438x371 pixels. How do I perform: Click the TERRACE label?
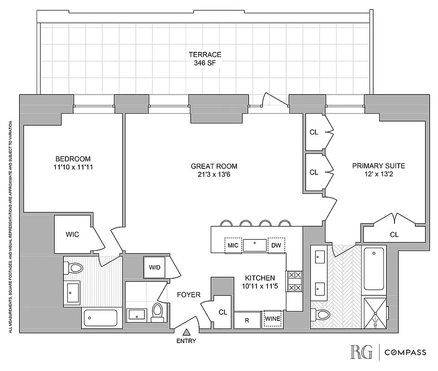click(x=205, y=54)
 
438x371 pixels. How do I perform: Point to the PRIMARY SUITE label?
click(x=378, y=166)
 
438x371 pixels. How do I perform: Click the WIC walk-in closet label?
click(x=72, y=234)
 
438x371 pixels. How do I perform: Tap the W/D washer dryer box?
click(x=155, y=267)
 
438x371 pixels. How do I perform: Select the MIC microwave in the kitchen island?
click(x=233, y=245)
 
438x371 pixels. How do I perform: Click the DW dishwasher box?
click(x=276, y=245)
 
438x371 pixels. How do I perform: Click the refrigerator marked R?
click(x=247, y=320)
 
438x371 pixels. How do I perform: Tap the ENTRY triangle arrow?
click(x=187, y=332)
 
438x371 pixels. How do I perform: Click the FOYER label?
click(x=188, y=294)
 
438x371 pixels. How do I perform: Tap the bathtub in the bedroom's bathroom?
click(x=100, y=318)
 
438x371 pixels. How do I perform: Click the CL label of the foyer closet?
click(x=223, y=312)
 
